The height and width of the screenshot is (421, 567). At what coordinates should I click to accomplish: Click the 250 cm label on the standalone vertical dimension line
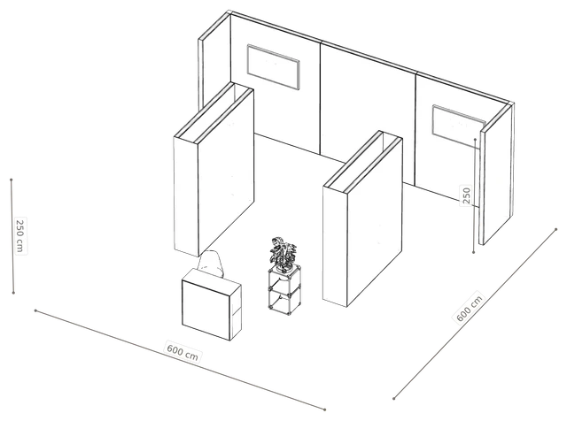20,236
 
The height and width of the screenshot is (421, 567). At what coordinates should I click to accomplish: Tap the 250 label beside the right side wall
467,195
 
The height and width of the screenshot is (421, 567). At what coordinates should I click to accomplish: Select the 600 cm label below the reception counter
183,350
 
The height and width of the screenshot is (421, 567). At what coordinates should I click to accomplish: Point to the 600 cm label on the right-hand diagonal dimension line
470,308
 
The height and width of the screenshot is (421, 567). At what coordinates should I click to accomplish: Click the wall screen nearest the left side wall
274,67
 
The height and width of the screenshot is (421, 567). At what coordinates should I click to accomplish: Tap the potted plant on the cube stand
283,255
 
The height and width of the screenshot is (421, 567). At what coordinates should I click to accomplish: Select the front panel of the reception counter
206,310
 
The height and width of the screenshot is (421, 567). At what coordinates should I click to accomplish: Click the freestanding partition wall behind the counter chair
214,169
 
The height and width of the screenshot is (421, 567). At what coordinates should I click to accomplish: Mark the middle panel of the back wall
368,116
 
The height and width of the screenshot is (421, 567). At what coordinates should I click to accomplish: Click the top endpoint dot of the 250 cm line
12,180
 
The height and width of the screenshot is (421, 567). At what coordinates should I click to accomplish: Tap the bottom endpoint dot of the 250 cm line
14,293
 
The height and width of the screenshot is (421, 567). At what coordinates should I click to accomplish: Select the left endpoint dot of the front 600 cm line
35,310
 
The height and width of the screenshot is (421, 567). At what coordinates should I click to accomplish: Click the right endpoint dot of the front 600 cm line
325,410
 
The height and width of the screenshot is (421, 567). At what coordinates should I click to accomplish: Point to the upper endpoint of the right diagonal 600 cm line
556,229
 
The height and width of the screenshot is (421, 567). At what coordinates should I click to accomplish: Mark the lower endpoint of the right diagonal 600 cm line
393,399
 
